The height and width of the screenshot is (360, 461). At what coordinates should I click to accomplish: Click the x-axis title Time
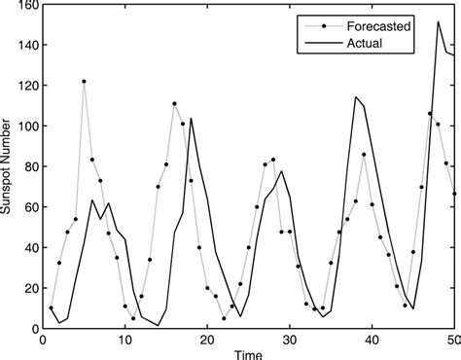pyautogui.click(x=247, y=354)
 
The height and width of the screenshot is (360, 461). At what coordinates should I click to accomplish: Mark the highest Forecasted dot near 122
pyautogui.click(x=84, y=82)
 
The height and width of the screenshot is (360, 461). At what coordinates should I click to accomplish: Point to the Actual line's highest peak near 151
pyautogui.click(x=438, y=21)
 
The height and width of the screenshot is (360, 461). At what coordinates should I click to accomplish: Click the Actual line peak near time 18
pyautogui.click(x=191, y=119)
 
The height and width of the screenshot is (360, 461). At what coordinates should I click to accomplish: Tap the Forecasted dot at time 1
pyautogui.click(x=51, y=308)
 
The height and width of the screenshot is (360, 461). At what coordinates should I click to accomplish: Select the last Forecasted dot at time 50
pyautogui.click(x=454, y=194)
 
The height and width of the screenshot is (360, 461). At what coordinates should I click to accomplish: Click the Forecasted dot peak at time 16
pyautogui.click(x=174, y=104)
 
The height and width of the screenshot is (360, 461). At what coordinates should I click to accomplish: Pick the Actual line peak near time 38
pyautogui.click(x=355, y=96)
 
